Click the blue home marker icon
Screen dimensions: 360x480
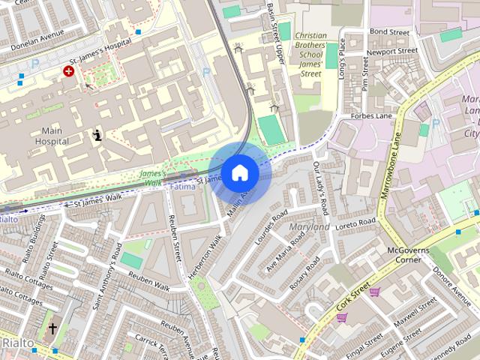point(238,172)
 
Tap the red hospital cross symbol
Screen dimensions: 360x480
point(69,71)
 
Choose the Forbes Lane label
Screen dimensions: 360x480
point(373,116)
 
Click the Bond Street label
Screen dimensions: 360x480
point(389,32)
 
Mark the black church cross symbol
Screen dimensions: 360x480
point(52,328)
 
